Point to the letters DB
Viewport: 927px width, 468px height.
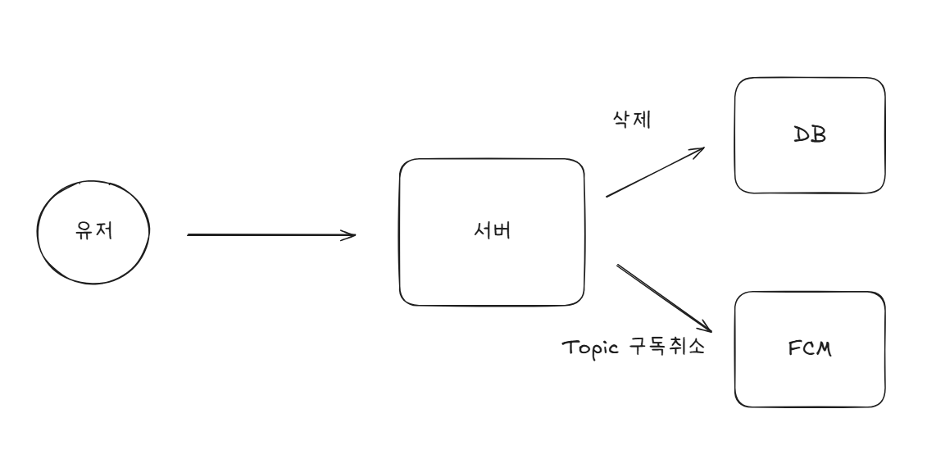pyautogui.click(x=810, y=134)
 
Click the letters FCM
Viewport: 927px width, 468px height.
pyautogui.click(x=810, y=348)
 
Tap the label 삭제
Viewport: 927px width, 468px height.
pyautogui.click(x=631, y=120)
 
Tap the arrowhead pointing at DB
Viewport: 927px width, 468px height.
pyautogui.click(x=702, y=150)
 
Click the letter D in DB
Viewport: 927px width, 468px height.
pyautogui.click(x=802, y=134)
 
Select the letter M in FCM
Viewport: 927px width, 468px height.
pyautogui.click(x=824, y=348)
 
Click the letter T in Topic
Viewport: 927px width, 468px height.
pyautogui.click(x=568, y=347)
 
